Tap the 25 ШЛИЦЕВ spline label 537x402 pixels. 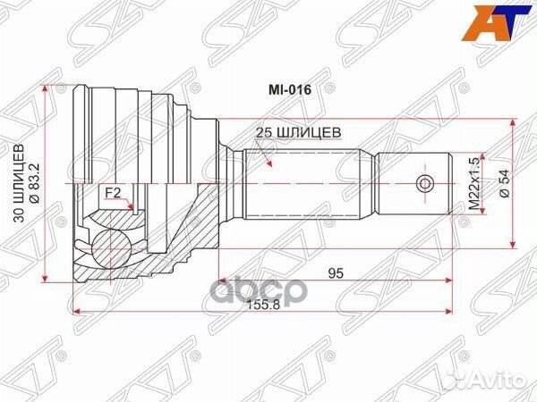click(x=299, y=132)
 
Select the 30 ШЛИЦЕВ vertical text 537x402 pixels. click(x=20, y=183)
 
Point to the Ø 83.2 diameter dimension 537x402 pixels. click(x=35, y=183)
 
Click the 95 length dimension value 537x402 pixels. click(x=336, y=273)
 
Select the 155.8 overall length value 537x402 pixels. click(x=264, y=305)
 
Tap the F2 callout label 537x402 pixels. click(x=113, y=194)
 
